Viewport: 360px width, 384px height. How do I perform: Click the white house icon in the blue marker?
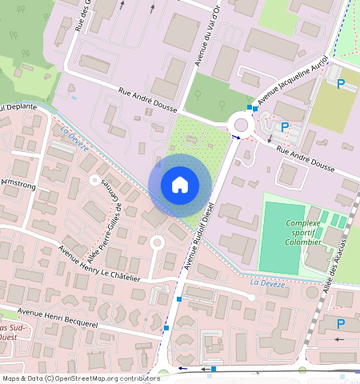click(180, 185)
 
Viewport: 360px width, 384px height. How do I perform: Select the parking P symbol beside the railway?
click(342, 324)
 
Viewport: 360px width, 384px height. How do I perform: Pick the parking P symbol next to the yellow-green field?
click(341, 84)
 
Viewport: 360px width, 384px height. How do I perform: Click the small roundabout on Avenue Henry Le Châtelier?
click(157, 242)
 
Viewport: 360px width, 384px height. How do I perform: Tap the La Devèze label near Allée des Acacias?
click(265, 283)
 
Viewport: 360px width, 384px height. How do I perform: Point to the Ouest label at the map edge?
click(8, 337)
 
